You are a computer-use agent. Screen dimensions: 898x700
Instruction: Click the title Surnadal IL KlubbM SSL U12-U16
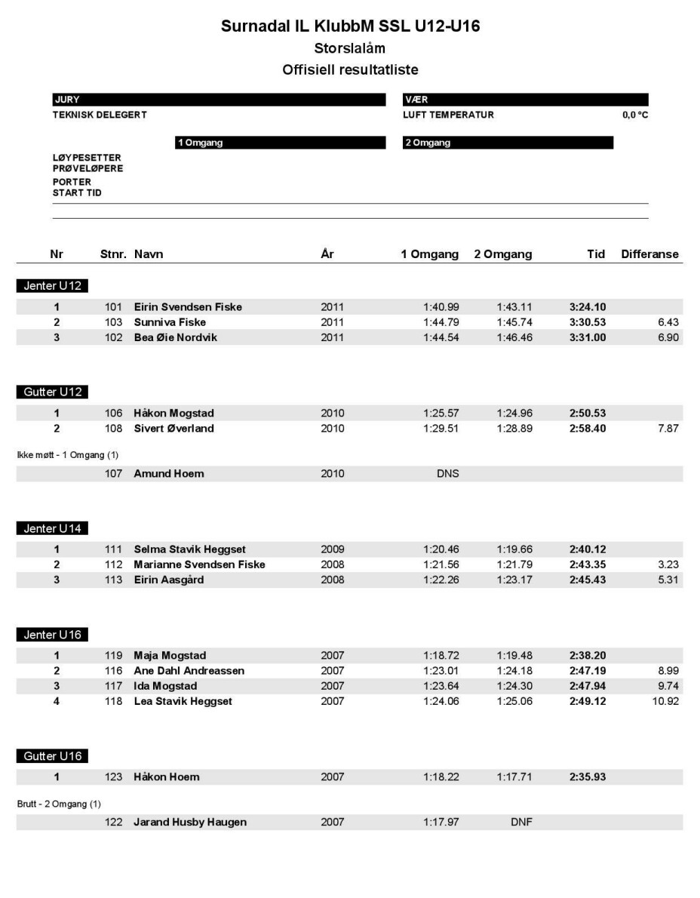click(350, 26)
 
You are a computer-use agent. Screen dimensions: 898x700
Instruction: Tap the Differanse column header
click(649, 255)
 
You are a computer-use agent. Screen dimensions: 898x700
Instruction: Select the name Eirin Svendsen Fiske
click(188, 307)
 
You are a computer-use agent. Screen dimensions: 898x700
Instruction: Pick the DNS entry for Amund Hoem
click(448, 474)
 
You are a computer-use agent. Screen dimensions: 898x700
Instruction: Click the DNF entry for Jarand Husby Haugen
click(521, 822)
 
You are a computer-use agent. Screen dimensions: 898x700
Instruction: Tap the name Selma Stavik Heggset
click(189, 549)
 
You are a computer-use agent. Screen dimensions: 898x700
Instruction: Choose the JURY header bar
click(218, 100)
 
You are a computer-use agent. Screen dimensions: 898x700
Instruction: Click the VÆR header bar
click(526, 100)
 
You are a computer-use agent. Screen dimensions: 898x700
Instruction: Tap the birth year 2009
click(333, 549)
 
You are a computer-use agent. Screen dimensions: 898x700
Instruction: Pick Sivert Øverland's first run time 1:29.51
click(441, 429)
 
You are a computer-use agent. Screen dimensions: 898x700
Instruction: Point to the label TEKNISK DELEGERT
click(100, 115)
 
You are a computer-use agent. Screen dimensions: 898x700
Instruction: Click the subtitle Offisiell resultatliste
click(350, 69)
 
